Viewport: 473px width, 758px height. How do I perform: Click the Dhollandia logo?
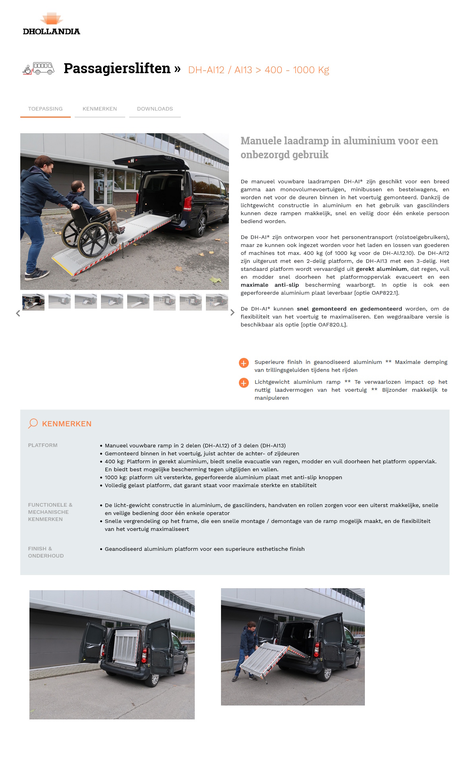point(51,24)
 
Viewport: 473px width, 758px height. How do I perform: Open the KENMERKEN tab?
point(100,109)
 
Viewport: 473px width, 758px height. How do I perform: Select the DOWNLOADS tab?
point(155,109)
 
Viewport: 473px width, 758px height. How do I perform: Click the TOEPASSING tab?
point(45,109)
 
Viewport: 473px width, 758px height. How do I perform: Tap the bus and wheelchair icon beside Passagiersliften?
point(39,68)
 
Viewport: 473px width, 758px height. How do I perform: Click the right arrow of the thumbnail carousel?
point(233,313)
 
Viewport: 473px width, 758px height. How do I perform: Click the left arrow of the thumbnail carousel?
point(18,313)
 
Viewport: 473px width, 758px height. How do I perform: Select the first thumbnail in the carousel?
point(33,302)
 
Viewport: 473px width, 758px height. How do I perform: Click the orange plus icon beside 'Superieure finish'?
point(244,363)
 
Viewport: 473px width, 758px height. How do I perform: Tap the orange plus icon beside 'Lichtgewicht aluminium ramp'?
point(244,383)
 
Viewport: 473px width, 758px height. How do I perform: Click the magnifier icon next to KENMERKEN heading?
point(33,424)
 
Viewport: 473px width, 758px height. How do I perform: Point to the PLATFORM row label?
point(43,445)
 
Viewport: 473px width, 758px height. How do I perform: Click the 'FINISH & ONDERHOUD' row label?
point(45,552)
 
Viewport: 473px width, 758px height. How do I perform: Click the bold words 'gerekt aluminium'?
point(381,269)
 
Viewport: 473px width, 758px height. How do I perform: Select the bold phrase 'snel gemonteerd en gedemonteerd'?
point(349,309)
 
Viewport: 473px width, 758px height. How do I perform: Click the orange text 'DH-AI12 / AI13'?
point(220,70)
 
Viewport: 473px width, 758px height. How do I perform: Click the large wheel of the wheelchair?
point(93,239)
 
